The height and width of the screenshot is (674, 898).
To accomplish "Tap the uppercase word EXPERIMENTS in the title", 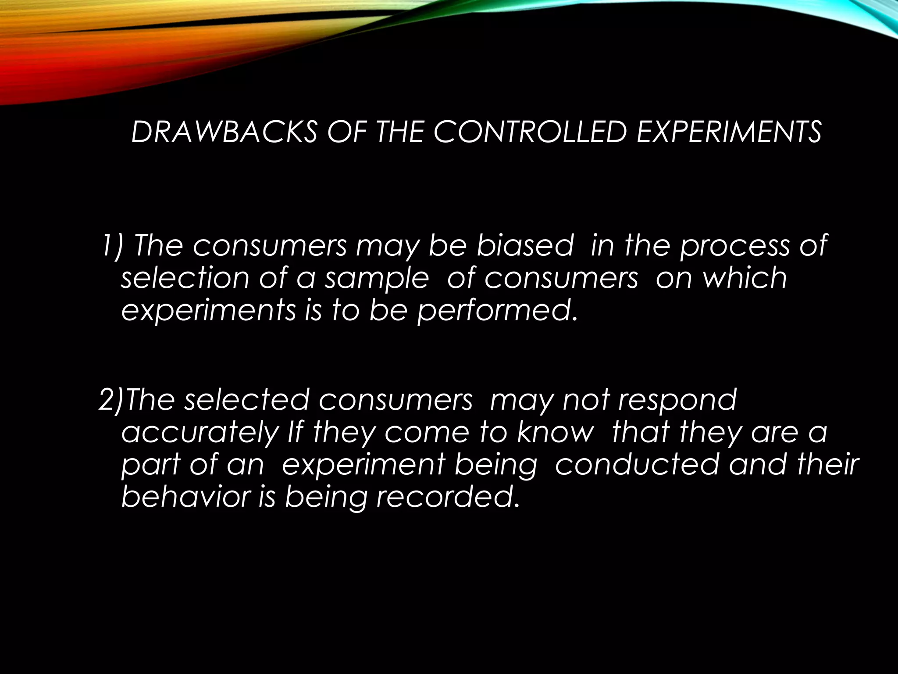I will tap(728, 132).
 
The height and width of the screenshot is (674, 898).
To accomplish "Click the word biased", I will tap(524, 246).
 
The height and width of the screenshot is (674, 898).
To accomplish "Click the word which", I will tap(745, 278).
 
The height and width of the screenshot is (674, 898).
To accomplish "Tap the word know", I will tap(554, 433).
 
